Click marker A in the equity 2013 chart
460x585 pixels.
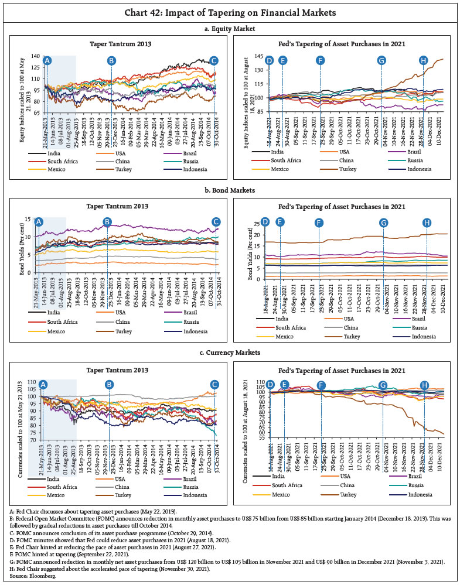coord(47,60)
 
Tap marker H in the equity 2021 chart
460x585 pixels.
coord(424,60)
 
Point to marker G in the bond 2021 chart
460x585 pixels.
coord(383,223)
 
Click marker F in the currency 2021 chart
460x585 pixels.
coord(321,385)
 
